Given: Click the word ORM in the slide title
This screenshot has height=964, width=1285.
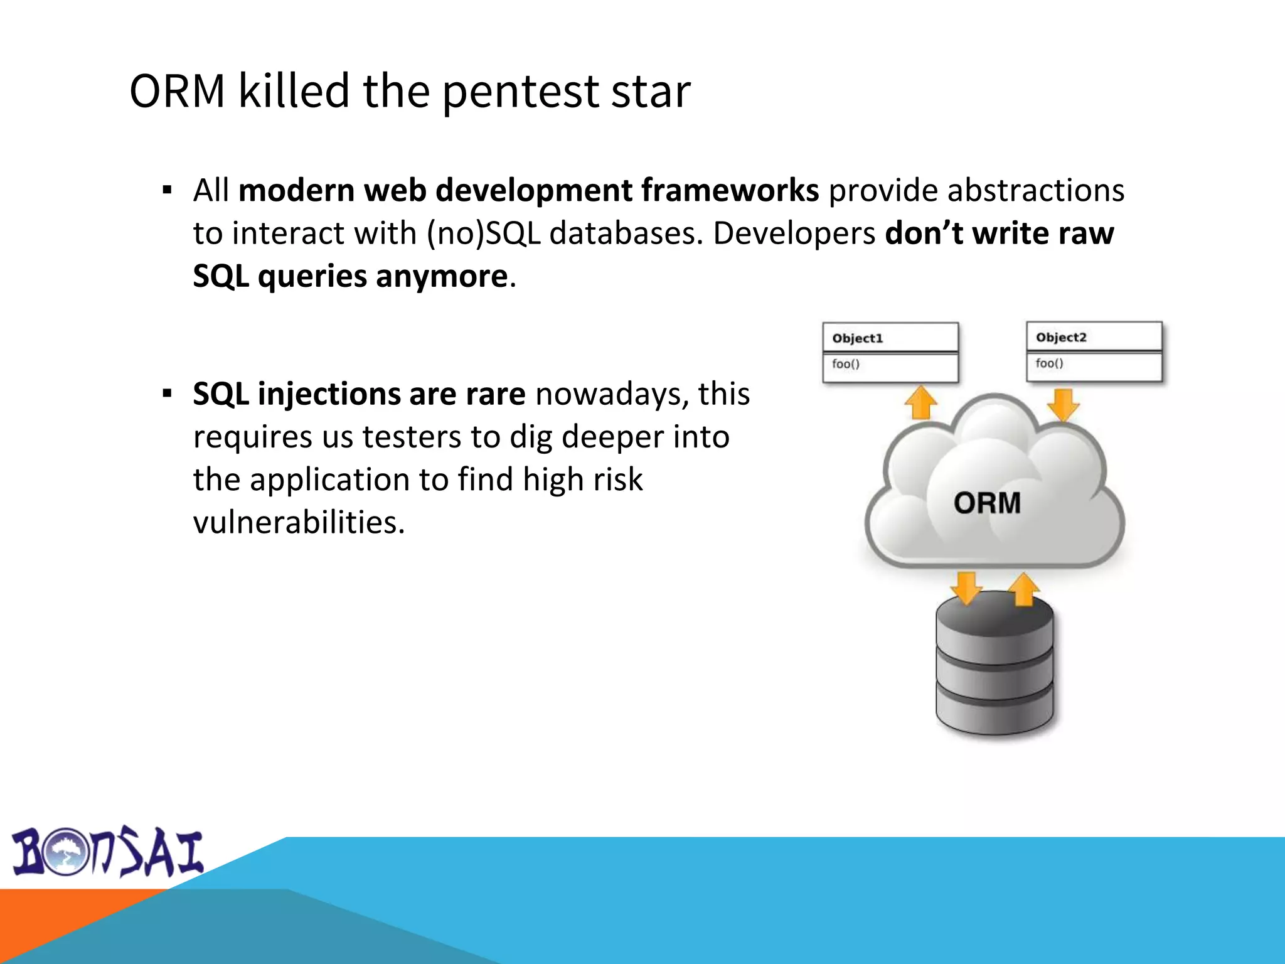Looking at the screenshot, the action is pos(177,92).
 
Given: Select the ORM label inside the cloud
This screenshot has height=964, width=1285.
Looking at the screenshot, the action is pos(987,503).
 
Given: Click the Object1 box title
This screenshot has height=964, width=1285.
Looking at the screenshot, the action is pos(857,338).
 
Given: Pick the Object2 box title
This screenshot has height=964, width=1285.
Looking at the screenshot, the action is pos(1060,338).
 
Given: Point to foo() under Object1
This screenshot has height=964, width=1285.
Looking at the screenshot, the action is pos(845,364).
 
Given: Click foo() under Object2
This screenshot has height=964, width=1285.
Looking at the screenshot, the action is pos(1049,363).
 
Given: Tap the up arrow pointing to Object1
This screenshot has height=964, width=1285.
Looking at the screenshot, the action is pos(920,402).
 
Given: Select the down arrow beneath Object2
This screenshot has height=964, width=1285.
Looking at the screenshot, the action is pos(1063,404).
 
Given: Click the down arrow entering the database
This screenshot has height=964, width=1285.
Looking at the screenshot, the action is pos(966,587).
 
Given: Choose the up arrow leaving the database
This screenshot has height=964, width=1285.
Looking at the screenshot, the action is pos(1023,589).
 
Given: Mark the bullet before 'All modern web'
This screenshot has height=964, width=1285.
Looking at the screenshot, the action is pos(167,190).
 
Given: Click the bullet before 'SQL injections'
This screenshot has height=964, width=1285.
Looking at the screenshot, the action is pos(167,394).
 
